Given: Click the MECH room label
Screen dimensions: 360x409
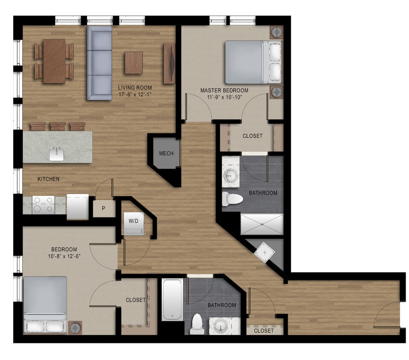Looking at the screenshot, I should point(166,154).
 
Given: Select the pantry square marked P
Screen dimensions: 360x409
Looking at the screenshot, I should point(104,209).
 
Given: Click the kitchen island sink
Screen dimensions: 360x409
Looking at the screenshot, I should point(57,154).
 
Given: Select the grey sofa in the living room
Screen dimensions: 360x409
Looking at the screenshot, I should point(99,62).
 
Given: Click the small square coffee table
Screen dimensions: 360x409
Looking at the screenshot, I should point(134,63).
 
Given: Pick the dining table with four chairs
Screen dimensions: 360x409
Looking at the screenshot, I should point(54,61).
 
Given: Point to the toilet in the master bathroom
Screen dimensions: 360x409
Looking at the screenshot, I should point(233,198).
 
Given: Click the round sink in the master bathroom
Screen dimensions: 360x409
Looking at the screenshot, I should point(231,175).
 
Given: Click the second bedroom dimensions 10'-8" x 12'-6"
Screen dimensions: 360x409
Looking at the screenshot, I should point(64,256).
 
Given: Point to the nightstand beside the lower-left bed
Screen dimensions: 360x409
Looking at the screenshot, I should point(76,327).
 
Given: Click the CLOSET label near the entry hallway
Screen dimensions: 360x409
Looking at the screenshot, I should point(263,331).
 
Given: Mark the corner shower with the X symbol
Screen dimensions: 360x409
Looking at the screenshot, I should point(266,253).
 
